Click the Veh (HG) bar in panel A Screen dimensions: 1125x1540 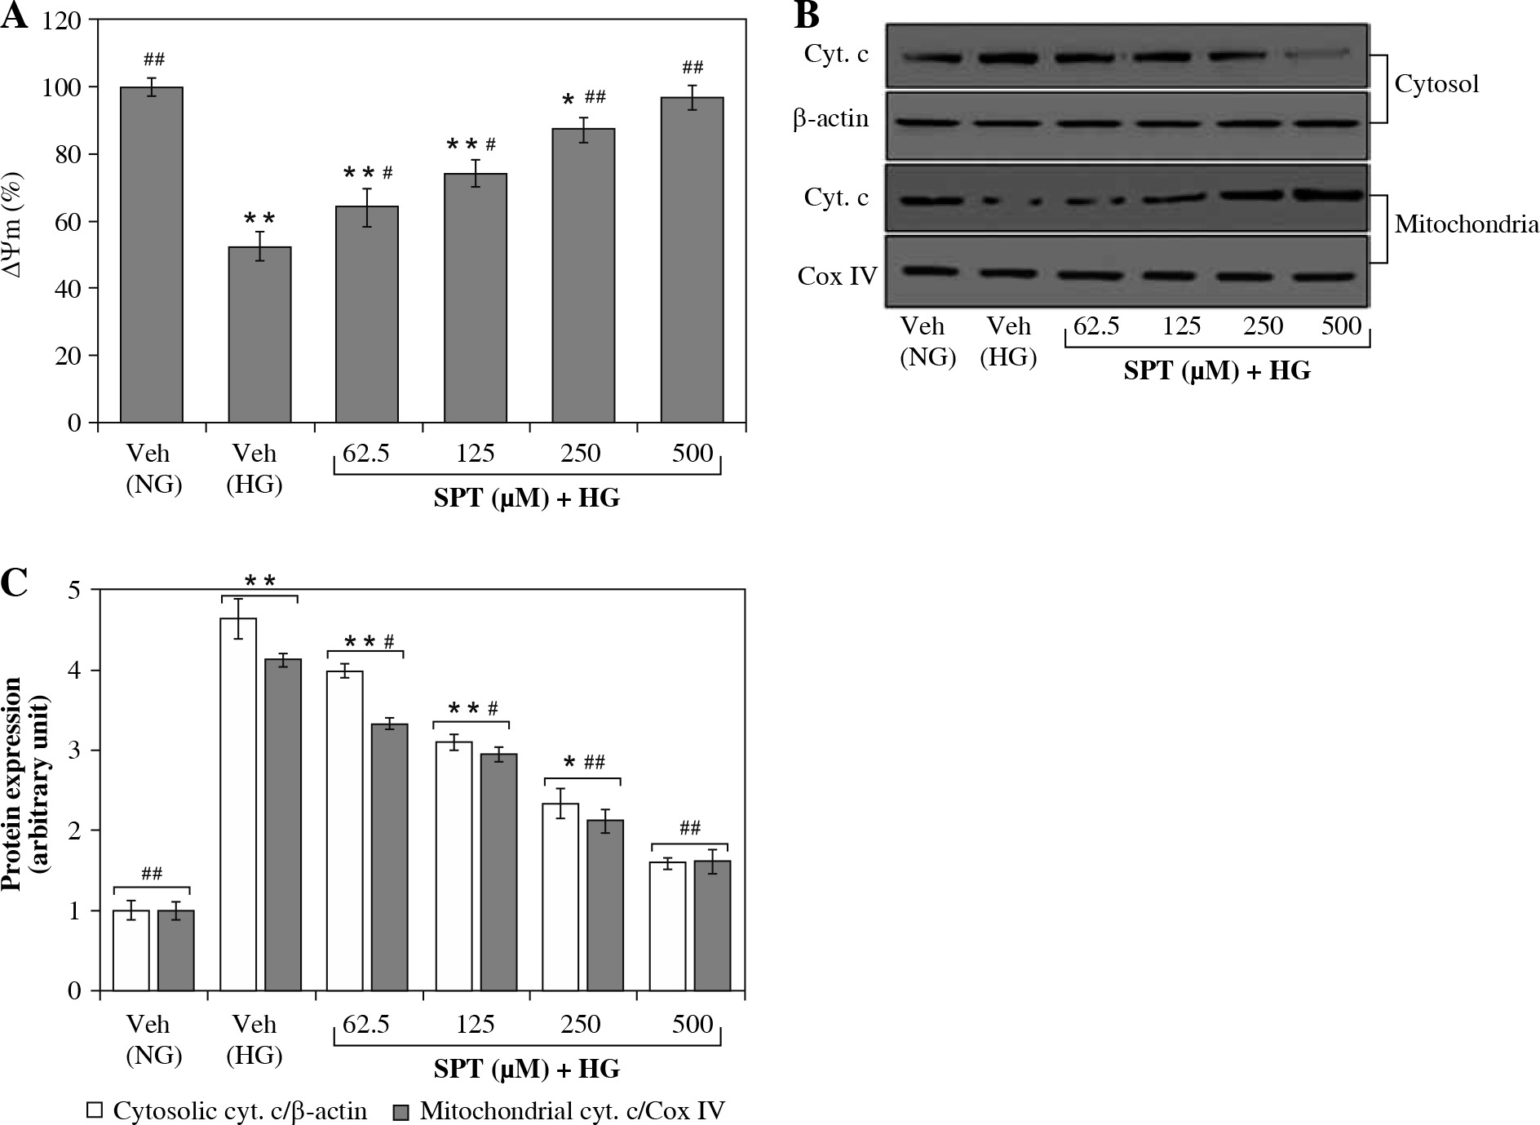tap(259, 334)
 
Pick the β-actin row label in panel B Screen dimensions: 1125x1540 tap(831, 119)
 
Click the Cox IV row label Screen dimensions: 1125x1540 tap(837, 277)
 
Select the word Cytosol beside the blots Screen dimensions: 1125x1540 tap(1436, 83)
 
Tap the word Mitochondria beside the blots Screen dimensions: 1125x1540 tap(1466, 224)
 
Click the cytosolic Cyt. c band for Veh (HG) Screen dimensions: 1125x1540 tap(1008, 58)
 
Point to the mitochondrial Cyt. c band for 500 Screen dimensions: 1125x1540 tap(1328, 195)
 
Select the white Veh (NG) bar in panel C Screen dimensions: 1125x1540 tap(131, 950)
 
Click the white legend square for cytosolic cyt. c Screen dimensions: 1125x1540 tap(95, 1110)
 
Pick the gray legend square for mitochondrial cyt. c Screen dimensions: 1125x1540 tap(401, 1110)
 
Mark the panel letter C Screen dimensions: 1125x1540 tap(15, 582)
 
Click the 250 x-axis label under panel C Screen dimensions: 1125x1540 tap(581, 1024)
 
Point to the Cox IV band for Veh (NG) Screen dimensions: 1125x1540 tap(927, 272)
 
